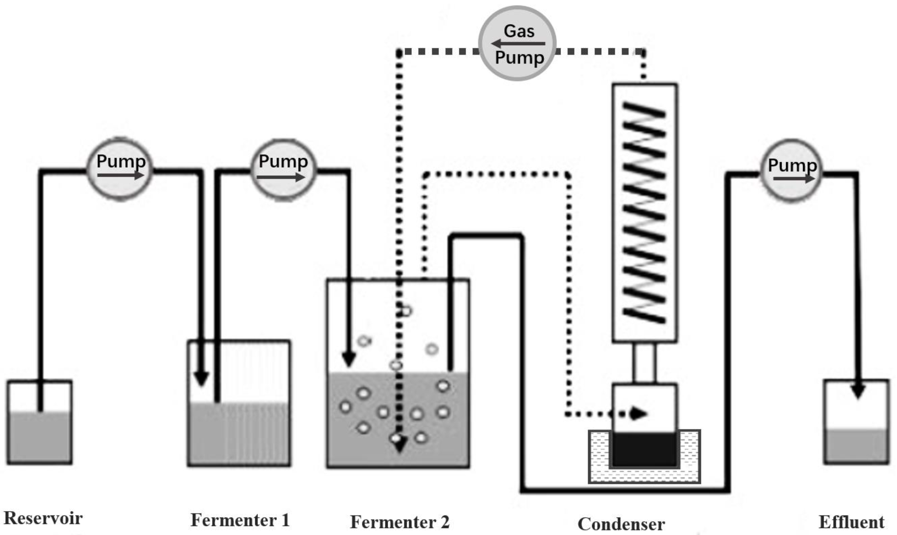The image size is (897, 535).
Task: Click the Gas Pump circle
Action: (x=517, y=43)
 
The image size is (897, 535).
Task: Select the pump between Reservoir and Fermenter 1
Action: (x=120, y=168)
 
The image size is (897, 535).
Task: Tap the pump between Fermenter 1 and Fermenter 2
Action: (x=283, y=168)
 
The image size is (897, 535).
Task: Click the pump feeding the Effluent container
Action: (x=791, y=170)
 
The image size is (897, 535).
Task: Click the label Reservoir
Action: (x=43, y=518)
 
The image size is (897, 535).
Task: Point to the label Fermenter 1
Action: (x=240, y=520)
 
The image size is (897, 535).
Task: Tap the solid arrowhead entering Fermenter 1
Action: (x=201, y=379)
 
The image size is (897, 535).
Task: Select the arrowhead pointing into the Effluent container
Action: (x=858, y=391)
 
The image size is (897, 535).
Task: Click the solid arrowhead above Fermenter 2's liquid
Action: (x=349, y=359)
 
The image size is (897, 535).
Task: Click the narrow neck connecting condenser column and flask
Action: (x=645, y=362)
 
